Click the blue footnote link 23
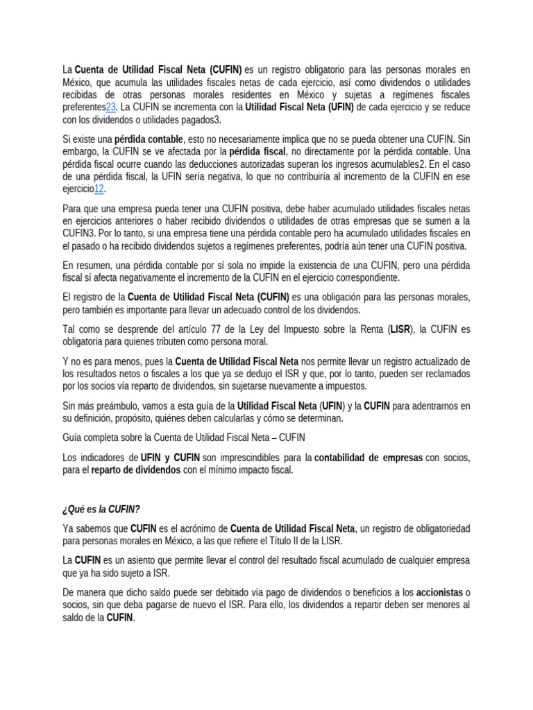(110, 107)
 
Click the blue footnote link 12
(99, 189)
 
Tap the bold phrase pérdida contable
(149, 139)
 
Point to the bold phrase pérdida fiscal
(256, 152)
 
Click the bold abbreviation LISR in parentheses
(400, 329)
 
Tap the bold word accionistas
(439, 593)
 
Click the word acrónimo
(201, 529)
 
